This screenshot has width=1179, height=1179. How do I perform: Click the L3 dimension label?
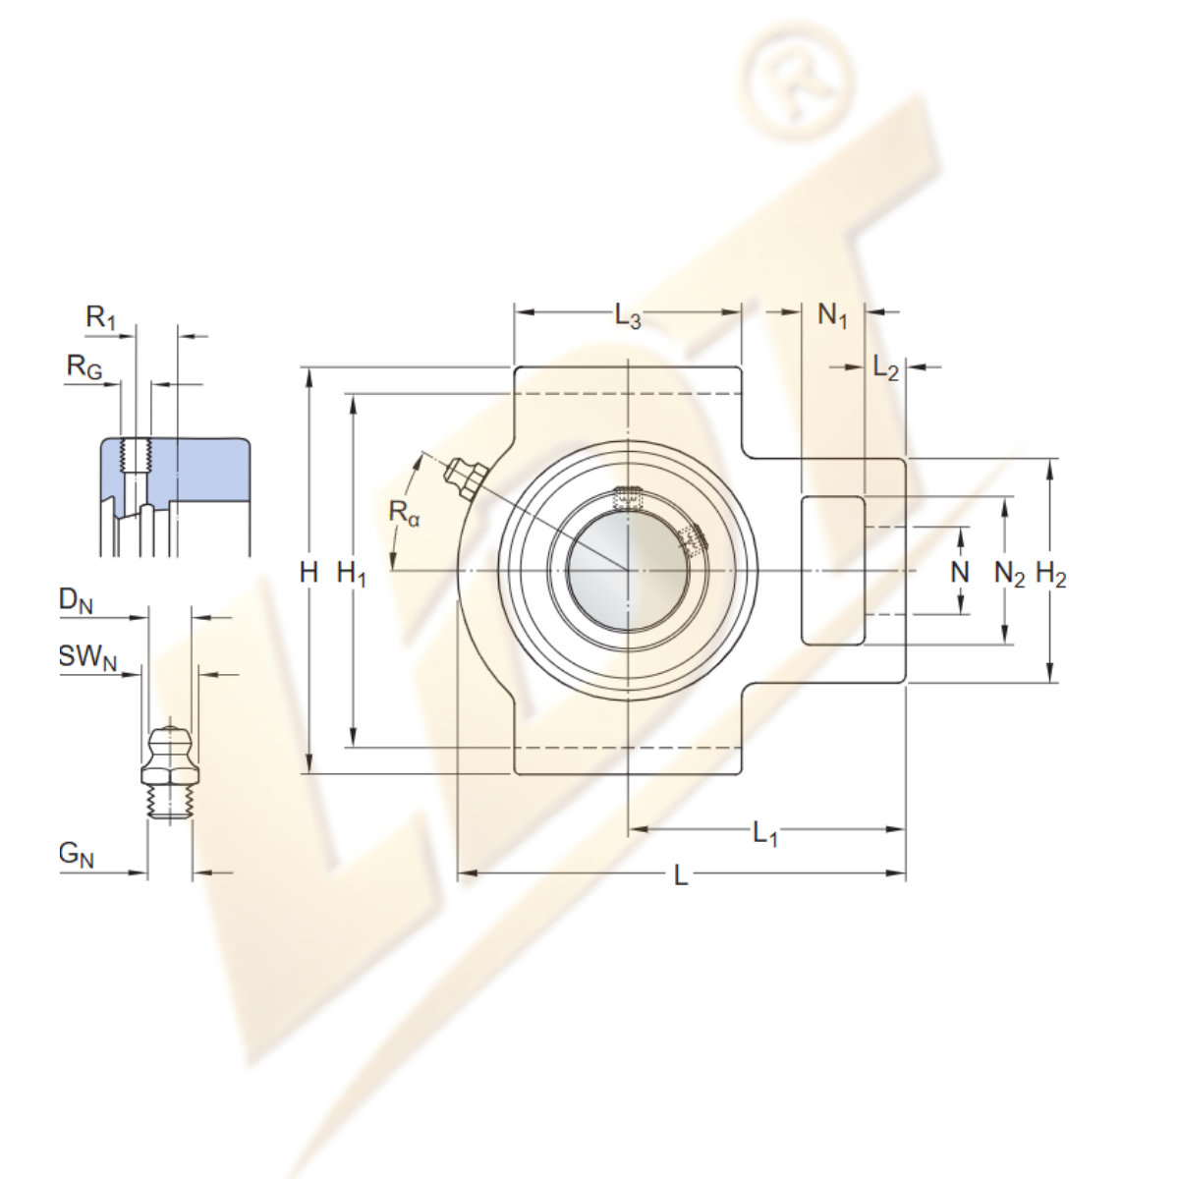628,316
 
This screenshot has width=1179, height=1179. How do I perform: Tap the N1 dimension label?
833,316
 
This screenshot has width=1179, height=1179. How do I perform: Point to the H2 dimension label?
1050,575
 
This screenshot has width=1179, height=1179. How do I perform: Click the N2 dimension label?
1010,575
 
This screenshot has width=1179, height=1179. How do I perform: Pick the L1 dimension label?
764,834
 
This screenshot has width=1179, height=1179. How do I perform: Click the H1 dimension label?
352,575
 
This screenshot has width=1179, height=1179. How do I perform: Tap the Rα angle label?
405,513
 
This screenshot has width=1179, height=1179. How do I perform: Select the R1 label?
101,318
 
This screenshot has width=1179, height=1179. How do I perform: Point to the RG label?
84,367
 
